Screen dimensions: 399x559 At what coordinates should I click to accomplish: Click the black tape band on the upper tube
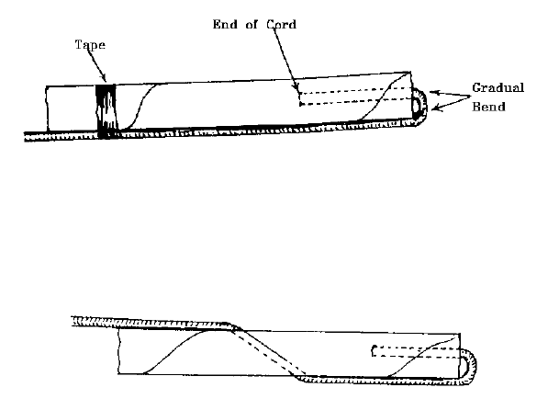(107, 110)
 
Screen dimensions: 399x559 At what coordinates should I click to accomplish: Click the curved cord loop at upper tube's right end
(418, 106)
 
